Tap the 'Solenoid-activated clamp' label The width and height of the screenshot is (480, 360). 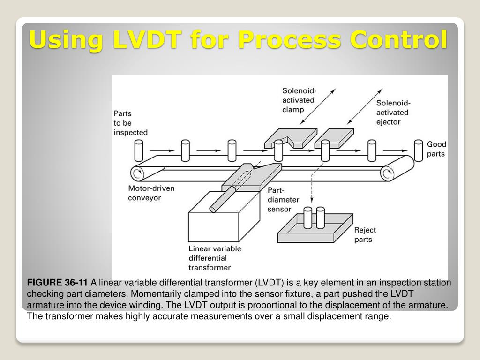pos(298,100)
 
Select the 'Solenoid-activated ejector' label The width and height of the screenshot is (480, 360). pos(392,112)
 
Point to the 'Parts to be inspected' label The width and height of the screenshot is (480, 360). pos(130,123)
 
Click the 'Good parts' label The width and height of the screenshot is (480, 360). pos(436,149)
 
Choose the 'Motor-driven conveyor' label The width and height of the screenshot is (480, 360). pos(151,193)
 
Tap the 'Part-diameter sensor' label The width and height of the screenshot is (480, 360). pos(283,200)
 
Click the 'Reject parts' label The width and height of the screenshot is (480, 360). pos(365,235)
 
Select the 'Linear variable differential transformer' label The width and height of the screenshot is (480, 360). pos(214,258)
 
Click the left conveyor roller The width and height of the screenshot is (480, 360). pos(138,174)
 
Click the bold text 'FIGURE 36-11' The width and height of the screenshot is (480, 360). pos(57,283)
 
